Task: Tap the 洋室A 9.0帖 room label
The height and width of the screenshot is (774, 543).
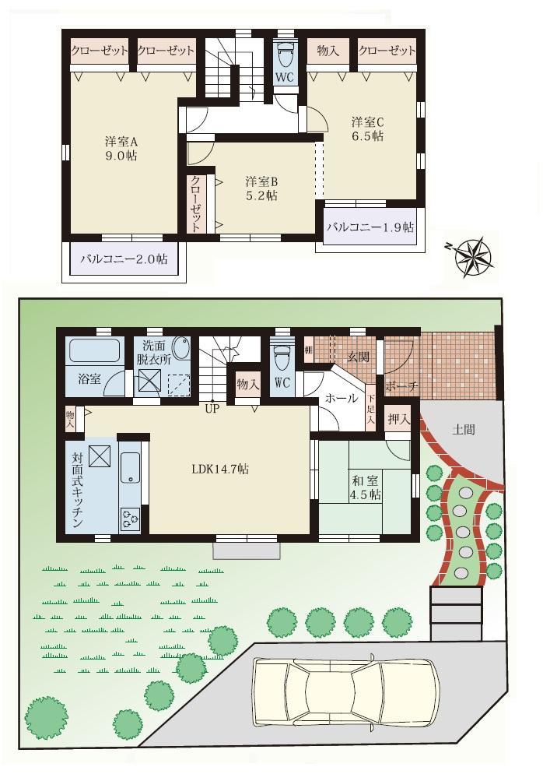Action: (x=121, y=149)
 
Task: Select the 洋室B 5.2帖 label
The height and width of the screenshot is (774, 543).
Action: (x=261, y=188)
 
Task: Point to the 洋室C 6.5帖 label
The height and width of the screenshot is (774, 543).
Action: (x=367, y=128)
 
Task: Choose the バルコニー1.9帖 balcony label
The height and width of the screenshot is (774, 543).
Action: (x=370, y=228)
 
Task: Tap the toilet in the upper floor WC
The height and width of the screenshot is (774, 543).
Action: (x=285, y=56)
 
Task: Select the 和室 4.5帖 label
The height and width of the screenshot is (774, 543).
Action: (x=364, y=487)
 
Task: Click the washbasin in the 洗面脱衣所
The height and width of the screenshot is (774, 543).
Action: (x=180, y=348)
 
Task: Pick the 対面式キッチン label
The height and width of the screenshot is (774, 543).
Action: (x=79, y=491)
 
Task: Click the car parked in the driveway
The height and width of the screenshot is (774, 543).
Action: (x=345, y=690)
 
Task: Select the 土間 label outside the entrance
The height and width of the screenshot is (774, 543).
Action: (x=464, y=428)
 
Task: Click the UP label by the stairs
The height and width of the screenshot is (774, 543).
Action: (x=211, y=406)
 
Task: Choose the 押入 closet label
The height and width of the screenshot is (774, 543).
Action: (x=398, y=419)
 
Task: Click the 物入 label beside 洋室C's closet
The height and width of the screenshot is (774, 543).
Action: (x=328, y=51)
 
